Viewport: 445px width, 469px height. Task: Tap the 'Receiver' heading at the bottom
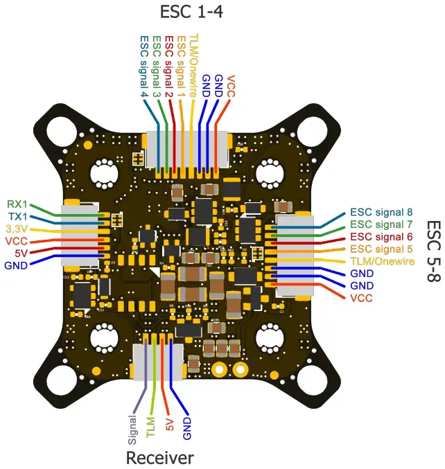pyautogui.click(x=159, y=457)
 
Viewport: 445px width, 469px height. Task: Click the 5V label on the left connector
pyautogui.click(x=21, y=253)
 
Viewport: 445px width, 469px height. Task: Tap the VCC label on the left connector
pyautogui.click(x=17, y=240)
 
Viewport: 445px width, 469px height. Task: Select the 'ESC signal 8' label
pyautogui.click(x=381, y=212)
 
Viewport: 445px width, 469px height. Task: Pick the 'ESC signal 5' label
pyautogui.click(x=381, y=249)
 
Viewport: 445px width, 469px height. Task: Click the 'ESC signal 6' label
pyautogui.click(x=381, y=236)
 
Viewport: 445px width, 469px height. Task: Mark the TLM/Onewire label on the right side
pyautogui.click(x=381, y=261)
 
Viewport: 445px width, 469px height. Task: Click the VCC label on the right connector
pyautogui.click(x=361, y=298)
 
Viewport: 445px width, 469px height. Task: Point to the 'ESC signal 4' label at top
pyautogui.click(x=144, y=66)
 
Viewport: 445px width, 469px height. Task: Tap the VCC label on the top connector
pyautogui.click(x=231, y=86)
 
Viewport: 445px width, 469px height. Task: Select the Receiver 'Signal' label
pyautogui.click(x=132, y=429)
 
